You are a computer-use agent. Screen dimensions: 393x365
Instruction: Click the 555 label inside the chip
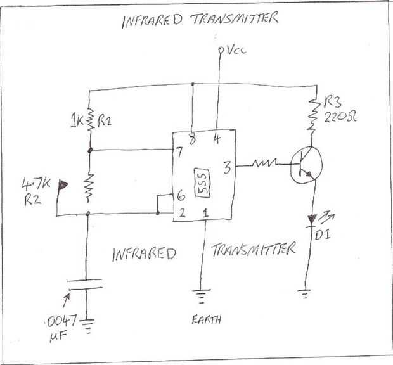click(x=202, y=182)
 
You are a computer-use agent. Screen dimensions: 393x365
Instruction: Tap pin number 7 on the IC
click(x=179, y=152)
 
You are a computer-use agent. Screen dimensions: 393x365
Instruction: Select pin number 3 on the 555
click(x=227, y=167)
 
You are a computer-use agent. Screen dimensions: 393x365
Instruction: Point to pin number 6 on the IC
click(x=181, y=195)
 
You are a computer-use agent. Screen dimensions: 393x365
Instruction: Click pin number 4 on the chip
click(x=217, y=139)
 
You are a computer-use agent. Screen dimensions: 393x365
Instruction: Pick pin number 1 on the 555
click(x=205, y=213)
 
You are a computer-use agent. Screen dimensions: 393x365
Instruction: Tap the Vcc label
click(x=236, y=50)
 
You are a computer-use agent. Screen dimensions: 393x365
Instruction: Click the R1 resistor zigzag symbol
click(x=90, y=120)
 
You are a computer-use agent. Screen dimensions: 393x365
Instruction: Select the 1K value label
click(x=77, y=120)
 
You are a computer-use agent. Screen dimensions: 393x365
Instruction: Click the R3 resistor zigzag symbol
click(x=313, y=115)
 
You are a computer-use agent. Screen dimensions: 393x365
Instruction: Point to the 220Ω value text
click(x=340, y=117)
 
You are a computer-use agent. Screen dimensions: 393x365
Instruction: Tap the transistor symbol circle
click(x=306, y=165)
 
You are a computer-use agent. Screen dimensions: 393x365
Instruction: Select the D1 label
click(x=323, y=234)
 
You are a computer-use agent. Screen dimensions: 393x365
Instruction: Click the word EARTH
click(x=207, y=319)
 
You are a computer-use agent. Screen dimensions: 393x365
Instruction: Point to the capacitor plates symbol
click(x=86, y=285)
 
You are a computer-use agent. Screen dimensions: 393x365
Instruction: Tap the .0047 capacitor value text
click(x=61, y=321)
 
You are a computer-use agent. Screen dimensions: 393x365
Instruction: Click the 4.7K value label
click(x=36, y=184)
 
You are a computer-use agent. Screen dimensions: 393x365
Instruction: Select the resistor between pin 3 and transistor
click(x=264, y=163)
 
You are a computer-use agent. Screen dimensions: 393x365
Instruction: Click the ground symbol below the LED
click(x=304, y=293)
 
